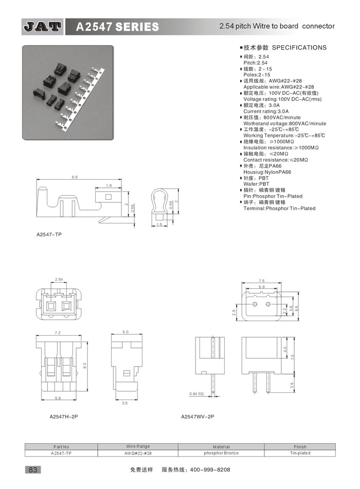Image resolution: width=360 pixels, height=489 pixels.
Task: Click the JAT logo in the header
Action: [x=42, y=27]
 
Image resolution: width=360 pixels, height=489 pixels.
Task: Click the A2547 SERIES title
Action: [x=117, y=27]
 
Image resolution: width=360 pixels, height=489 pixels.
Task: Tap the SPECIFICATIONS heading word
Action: [x=299, y=48]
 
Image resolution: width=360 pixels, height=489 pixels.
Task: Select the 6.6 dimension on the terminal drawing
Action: [x=75, y=177]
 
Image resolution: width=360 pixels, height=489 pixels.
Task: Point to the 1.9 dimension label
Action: [x=109, y=185]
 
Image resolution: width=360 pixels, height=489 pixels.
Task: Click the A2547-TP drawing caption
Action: [x=49, y=235]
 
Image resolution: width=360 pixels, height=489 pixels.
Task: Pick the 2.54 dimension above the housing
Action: [x=59, y=280]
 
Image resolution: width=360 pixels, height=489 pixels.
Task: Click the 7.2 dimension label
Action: [x=58, y=333]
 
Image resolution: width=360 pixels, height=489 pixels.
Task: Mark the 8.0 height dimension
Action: [x=84, y=365]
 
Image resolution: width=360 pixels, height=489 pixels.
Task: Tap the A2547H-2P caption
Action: [x=64, y=416]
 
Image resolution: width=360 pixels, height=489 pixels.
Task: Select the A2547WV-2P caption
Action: [x=197, y=416]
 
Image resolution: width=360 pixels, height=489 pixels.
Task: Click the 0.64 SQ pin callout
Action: [x=196, y=394]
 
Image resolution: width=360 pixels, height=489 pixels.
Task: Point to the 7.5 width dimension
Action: [x=261, y=281]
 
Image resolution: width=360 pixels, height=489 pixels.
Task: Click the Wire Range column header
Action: [x=138, y=446]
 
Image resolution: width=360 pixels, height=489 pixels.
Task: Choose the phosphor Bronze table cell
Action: [x=221, y=453]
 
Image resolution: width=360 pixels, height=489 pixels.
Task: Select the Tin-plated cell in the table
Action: [x=300, y=453]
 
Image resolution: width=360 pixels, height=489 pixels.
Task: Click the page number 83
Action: [x=33, y=469]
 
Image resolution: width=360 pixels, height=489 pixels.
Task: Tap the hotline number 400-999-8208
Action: [x=210, y=469]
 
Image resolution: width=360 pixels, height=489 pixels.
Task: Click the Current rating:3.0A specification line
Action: [x=266, y=111]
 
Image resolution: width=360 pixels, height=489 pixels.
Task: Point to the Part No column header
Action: [x=61, y=447]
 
